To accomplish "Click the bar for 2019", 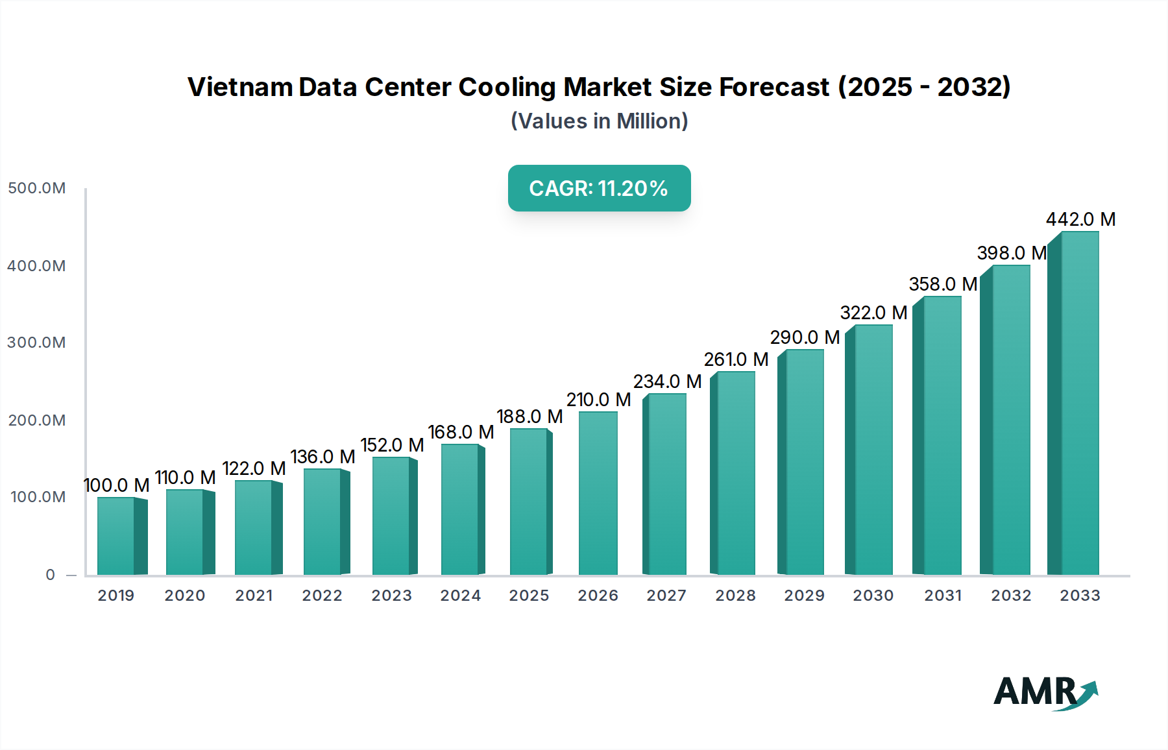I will click(x=117, y=536).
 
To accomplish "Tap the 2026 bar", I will click(x=598, y=493).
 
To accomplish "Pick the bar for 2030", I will click(x=873, y=450).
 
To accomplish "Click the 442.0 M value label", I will click(x=1080, y=219).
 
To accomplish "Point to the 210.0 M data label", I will click(x=598, y=400).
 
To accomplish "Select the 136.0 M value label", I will click(x=322, y=457).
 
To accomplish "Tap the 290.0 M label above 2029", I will click(x=805, y=337).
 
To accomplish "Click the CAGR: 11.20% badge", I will click(x=599, y=188).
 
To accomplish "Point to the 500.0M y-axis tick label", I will click(x=37, y=188).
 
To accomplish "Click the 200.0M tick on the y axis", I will click(x=37, y=420).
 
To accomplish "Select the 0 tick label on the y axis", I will click(x=50, y=575).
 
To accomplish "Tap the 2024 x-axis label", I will click(x=461, y=596).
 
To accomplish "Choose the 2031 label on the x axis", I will click(x=943, y=596).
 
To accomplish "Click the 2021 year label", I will click(x=254, y=596).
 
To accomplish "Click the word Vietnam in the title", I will click(x=239, y=87).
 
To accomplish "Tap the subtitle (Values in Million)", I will click(x=599, y=121).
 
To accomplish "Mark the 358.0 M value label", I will click(x=943, y=284).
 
